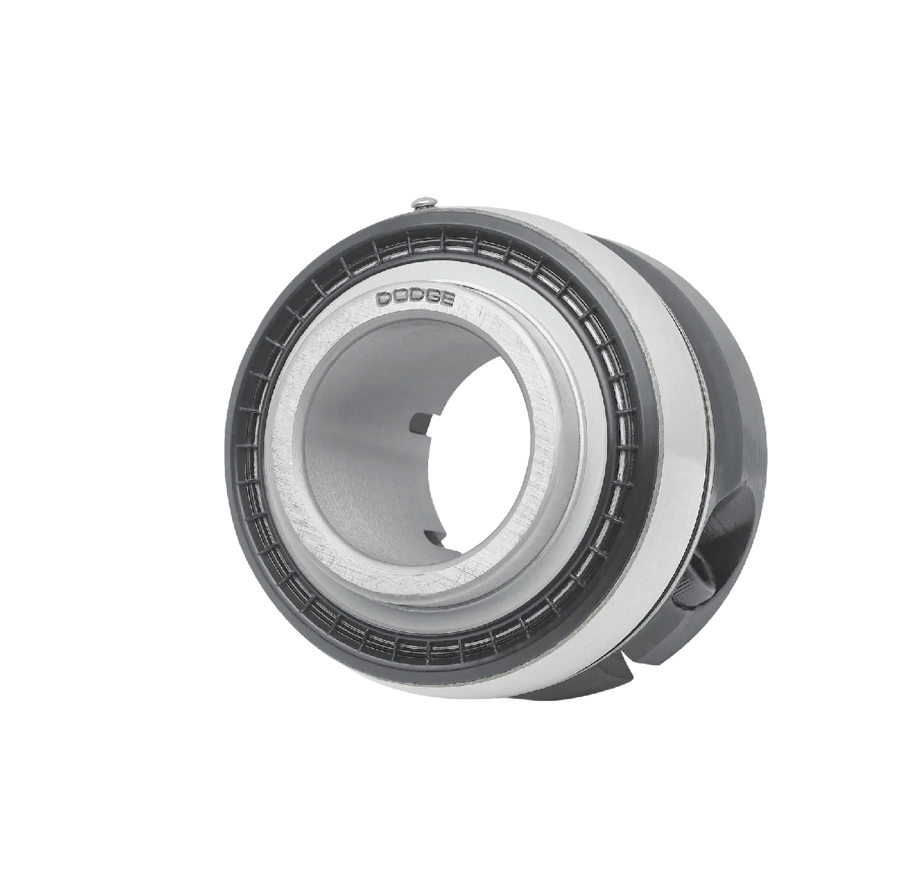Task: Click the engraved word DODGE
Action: pos(416,299)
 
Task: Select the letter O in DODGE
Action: pos(400,298)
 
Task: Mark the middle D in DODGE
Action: pos(416,298)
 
